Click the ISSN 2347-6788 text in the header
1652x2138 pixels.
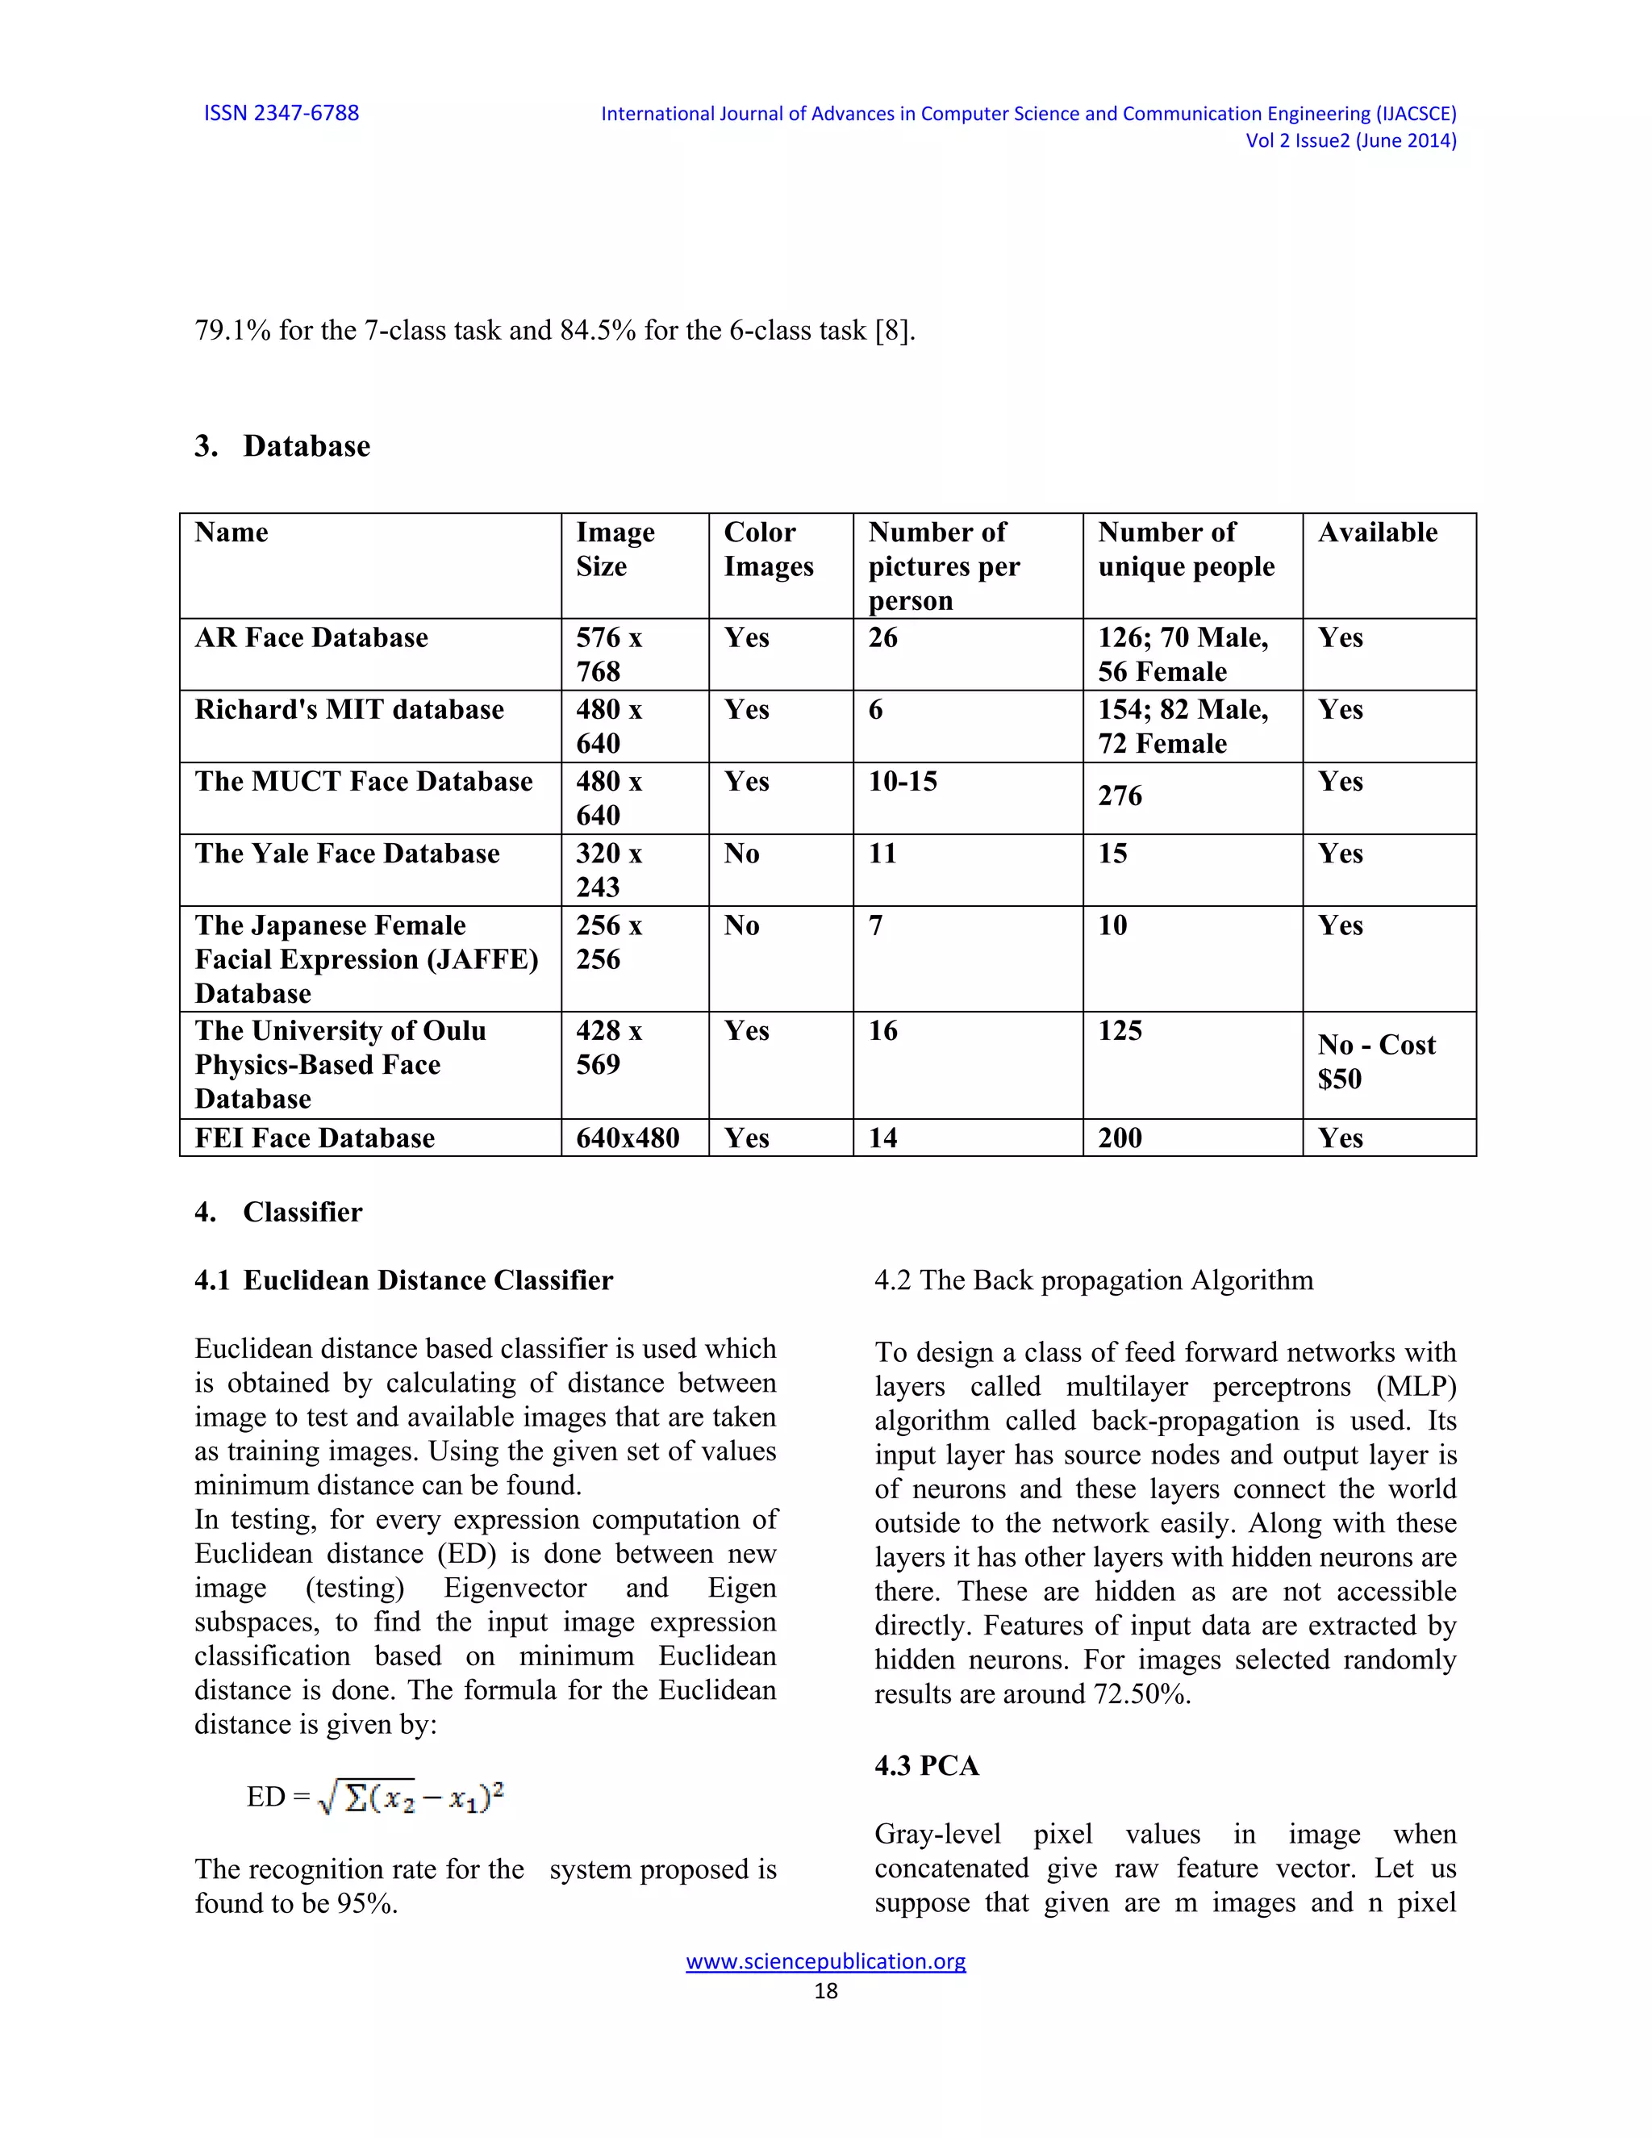[281, 113]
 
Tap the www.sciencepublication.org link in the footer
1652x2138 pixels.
[825, 1961]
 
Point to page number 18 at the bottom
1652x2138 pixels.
[825, 1990]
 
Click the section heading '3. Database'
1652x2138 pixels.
[283, 446]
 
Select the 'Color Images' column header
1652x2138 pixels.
[768, 549]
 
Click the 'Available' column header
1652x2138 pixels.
[1377, 532]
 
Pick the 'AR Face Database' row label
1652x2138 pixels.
[311, 638]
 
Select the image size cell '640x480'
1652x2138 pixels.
[628, 1138]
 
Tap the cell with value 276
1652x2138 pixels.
[1120, 795]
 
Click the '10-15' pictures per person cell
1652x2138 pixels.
[903, 781]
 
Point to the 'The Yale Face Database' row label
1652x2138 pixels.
[346, 854]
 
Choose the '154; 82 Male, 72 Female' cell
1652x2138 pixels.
[1183, 726]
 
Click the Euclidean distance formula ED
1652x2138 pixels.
[376, 1798]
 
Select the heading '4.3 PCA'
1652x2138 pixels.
[926, 1766]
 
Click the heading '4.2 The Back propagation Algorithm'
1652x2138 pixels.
[1093, 1280]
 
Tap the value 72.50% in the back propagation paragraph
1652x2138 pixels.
[1139, 1694]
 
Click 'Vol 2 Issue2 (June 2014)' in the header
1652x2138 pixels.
[1350, 141]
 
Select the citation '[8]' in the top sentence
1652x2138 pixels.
[893, 331]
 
